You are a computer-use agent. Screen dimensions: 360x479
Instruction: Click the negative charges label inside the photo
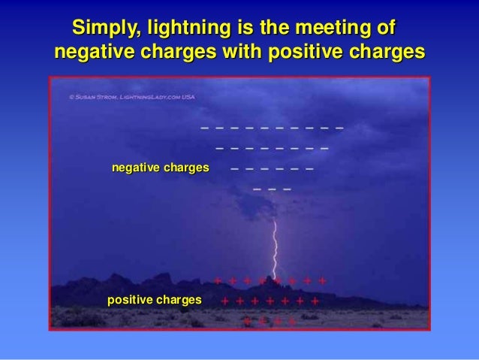[160, 167]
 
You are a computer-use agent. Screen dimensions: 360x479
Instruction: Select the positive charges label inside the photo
[155, 300]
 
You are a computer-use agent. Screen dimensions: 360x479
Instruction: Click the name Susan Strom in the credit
[95, 97]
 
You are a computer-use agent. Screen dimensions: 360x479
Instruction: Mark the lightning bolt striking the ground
[276, 248]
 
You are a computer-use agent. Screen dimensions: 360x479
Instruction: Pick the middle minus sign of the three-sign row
[272, 189]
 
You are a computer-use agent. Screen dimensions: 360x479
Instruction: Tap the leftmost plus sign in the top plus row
[217, 281]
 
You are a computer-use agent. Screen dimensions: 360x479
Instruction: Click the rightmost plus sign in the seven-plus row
[315, 301]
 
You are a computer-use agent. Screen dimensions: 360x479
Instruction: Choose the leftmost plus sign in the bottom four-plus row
[246, 321]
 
